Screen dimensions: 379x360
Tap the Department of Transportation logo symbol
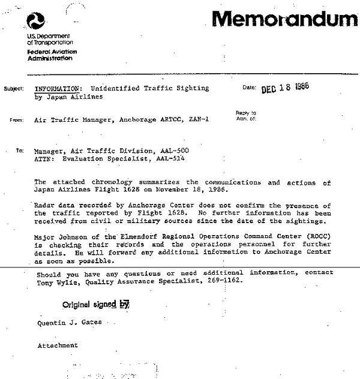[35, 23]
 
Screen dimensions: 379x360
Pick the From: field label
[17, 120]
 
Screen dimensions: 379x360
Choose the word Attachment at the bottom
[58, 345]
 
